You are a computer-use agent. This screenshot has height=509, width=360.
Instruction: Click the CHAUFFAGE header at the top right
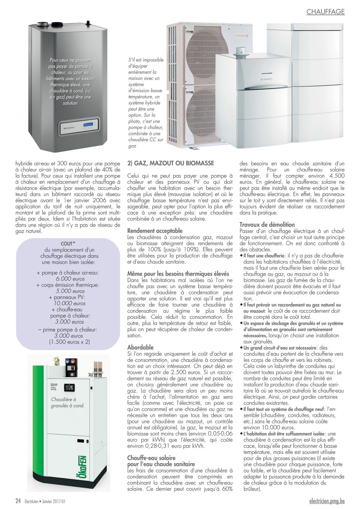[x=325, y=12]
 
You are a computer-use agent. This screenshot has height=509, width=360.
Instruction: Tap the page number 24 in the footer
[x=18, y=501]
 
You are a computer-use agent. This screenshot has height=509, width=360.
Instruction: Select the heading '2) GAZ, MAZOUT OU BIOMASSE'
[x=170, y=163]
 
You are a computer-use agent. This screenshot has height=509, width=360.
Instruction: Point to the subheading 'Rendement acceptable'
[x=155, y=231]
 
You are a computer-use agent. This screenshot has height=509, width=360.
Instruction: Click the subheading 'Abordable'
[x=141, y=347]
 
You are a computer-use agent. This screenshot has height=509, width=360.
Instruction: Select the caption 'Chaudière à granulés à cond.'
[x=68, y=403]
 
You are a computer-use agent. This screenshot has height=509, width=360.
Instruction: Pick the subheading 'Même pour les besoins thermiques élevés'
[x=178, y=274]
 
